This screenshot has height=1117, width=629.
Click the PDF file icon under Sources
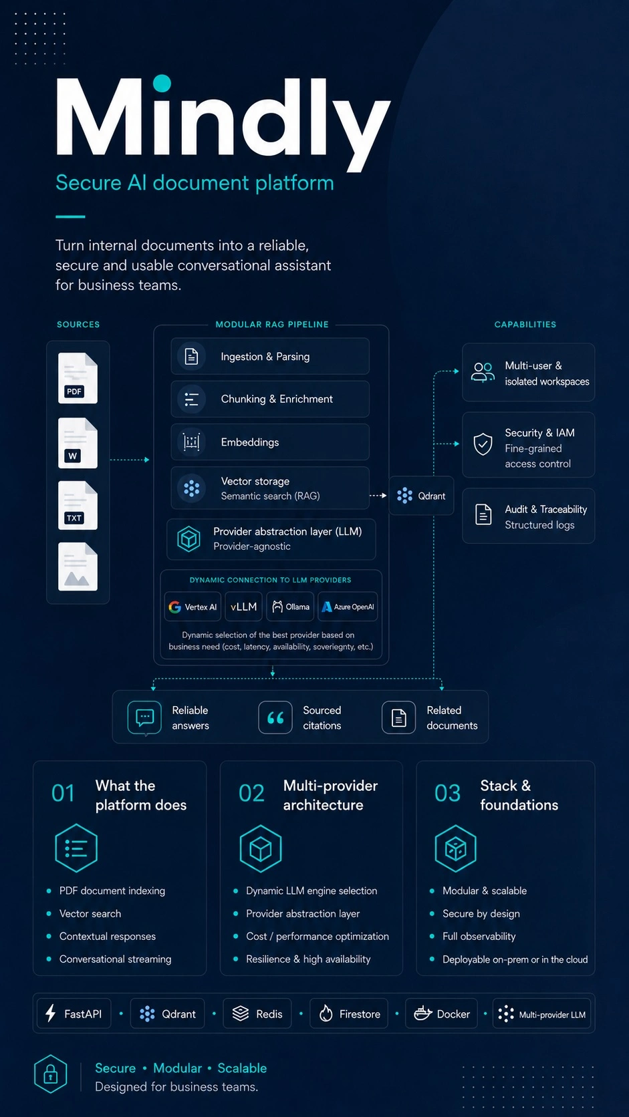coord(78,377)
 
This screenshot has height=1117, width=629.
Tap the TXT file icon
coord(78,505)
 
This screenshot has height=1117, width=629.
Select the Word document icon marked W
coord(78,443)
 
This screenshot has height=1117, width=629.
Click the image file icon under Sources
coord(78,567)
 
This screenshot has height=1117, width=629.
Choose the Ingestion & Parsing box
coord(270,356)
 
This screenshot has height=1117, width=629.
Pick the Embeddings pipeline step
coord(270,442)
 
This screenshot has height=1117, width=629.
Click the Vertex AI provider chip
coord(193,607)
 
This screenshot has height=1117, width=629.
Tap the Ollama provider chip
coord(290,607)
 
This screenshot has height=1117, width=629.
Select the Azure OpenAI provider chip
coord(348,607)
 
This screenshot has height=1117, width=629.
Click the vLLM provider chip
coord(243,607)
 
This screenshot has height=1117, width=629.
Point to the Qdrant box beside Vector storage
coord(422,496)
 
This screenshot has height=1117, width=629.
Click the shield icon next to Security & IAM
coord(483,444)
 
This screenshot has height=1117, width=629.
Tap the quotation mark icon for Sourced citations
coord(275,717)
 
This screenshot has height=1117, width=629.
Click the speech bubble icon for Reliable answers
coord(144,718)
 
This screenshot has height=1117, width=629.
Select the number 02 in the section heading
coord(251,793)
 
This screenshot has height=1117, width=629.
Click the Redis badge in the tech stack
coord(257,1013)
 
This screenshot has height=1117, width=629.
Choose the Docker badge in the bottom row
coord(441,1013)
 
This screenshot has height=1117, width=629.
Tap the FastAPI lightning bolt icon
coord(50,1013)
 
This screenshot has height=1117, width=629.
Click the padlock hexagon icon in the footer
coord(50,1074)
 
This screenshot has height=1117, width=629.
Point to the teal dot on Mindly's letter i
coord(162,84)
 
